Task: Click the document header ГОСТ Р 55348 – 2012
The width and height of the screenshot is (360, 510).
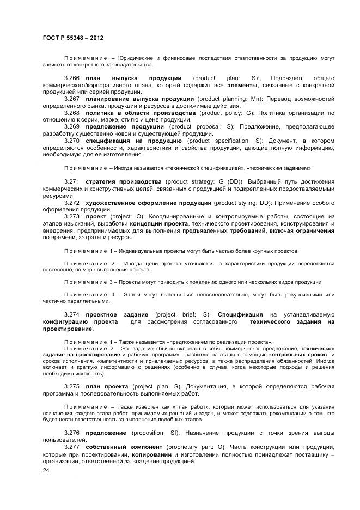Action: coord(72,38)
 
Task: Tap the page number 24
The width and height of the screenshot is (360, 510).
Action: coord(46,471)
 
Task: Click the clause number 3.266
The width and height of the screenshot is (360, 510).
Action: coord(72,78)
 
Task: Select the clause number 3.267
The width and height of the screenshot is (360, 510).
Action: coord(72,99)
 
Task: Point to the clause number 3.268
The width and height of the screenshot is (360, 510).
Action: coord(72,113)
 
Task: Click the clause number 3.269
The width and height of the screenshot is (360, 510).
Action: coord(72,126)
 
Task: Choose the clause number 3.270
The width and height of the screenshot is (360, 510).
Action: coord(72,141)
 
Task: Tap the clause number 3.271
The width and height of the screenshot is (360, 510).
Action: coord(72,181)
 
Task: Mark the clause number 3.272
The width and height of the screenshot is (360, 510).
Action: coord(72,202)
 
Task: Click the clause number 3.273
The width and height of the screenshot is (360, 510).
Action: coord(72,216)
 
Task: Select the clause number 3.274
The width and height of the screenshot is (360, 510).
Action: coord(72,314)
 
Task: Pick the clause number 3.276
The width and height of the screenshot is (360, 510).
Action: coord(72,433)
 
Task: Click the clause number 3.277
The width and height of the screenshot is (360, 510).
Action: coord(72,447)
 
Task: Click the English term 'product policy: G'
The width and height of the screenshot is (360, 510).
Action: coord(225,113)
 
